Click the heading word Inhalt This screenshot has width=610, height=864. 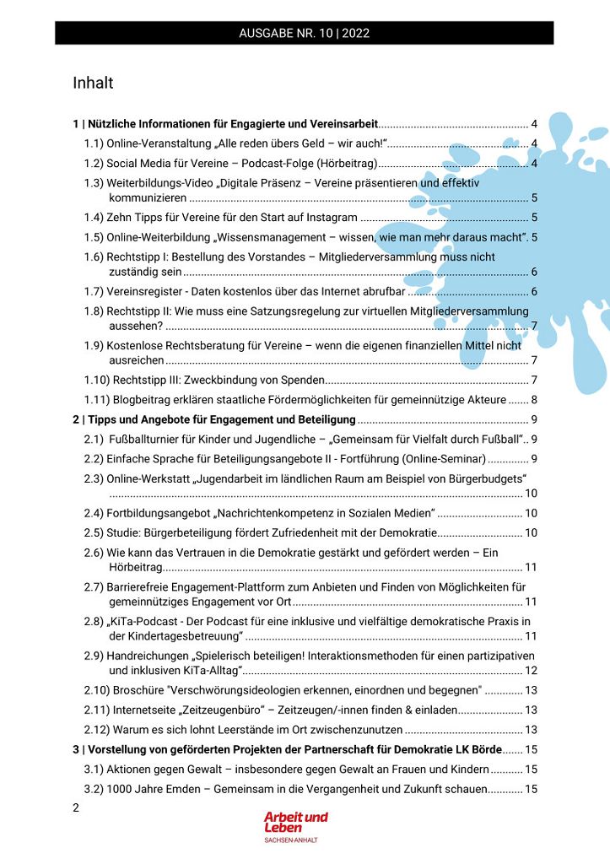(x=93, y=83)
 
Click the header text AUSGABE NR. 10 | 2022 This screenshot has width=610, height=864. (x=305, y=34)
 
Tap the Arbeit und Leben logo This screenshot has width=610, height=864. (x=295, y=822)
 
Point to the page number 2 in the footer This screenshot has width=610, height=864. (x=77, y=807)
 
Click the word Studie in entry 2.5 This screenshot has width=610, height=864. (x=124, y=532)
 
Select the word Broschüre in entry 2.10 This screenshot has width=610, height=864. (x=138, y=689)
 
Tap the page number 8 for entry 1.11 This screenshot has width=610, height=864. (x=534, y=399)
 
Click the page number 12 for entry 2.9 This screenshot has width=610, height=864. (x=532, y=670)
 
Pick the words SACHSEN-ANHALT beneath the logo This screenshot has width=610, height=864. (x=291, y=840)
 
